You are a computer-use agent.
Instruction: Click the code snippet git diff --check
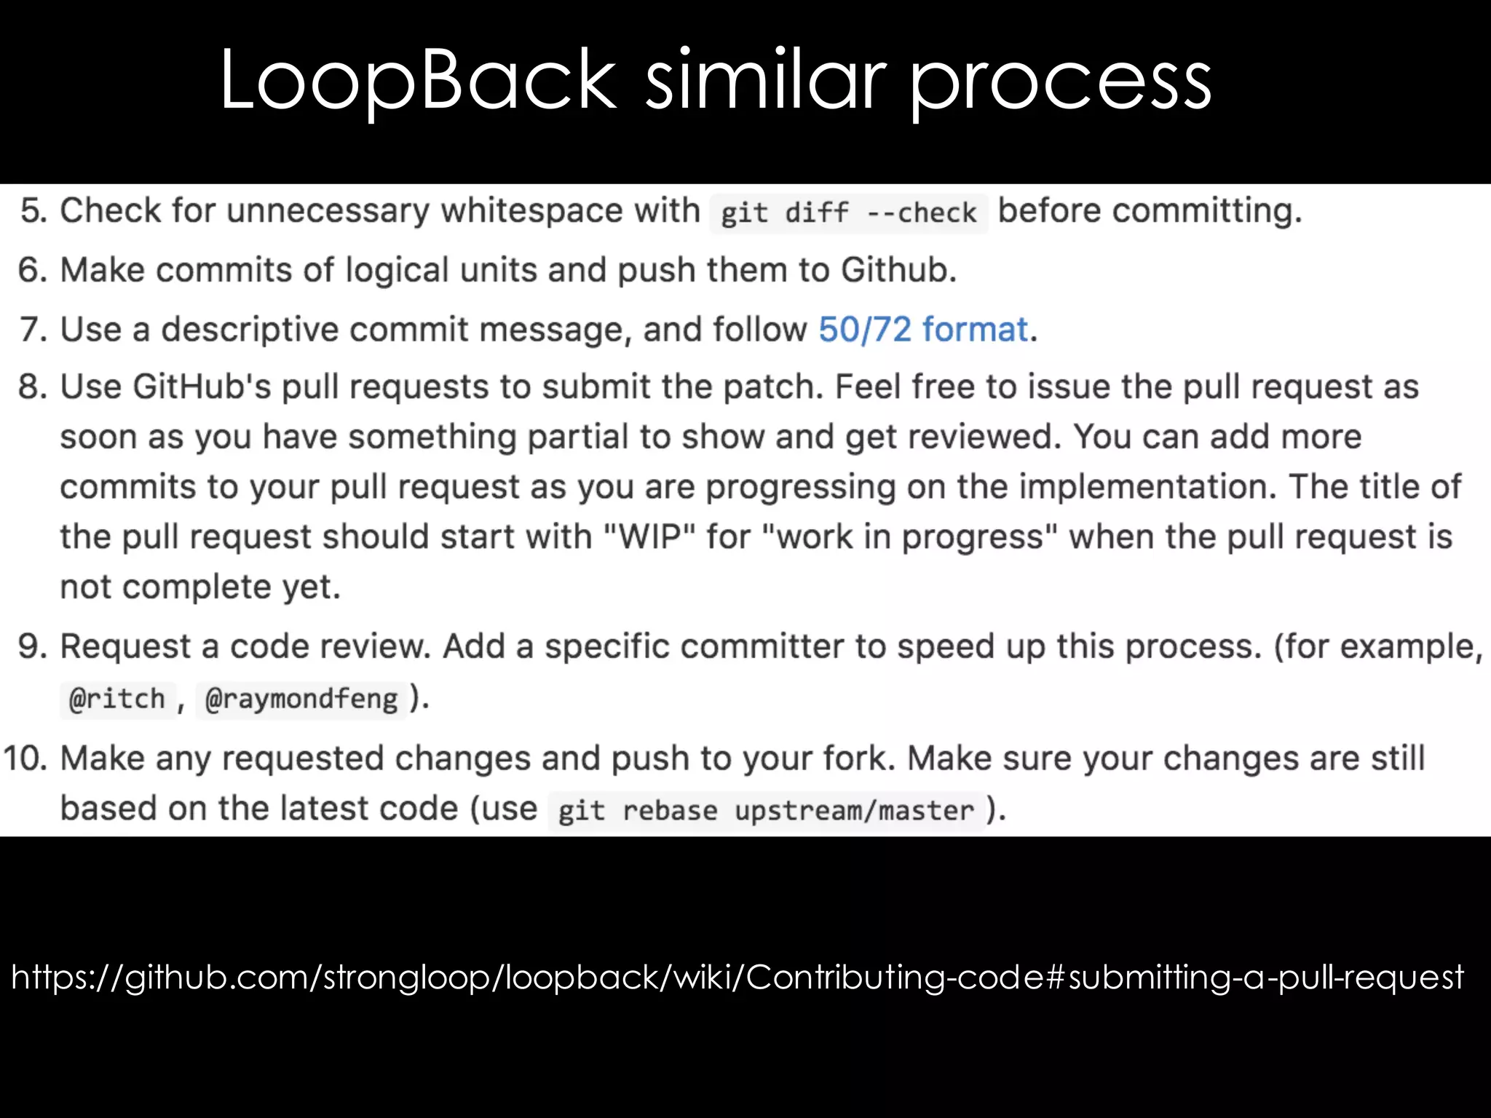(848, 213)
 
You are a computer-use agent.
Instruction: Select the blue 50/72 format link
(923, 329)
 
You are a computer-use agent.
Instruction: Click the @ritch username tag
(117, 699)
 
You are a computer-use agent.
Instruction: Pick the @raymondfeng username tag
(301, 699)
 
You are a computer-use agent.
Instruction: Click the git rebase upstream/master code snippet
(766, 811)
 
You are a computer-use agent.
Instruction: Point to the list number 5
(33, 211)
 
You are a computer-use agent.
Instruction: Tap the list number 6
(33, 270)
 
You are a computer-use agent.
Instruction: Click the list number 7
(33, 330)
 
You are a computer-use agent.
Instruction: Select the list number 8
(33, 386)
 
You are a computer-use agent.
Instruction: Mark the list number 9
(33, 646)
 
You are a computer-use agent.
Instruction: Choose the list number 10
(25, 758)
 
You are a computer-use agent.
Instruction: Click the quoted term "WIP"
(649, 537)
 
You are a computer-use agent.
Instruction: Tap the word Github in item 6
(898, 270)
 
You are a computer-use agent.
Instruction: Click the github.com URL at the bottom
(737, 977)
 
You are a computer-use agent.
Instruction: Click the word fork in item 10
(858, 758)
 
